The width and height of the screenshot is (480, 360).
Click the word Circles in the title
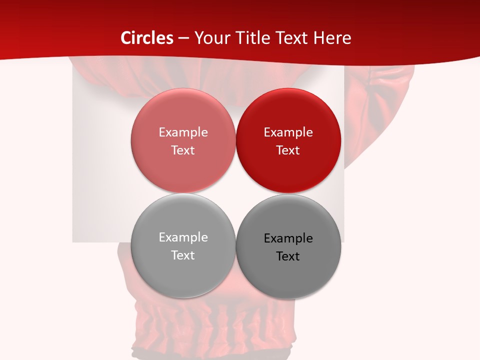click(x=147, y=38)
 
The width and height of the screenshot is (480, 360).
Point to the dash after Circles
click(x=183, y=38)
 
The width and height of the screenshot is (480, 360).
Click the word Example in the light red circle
click(x=183, y=132)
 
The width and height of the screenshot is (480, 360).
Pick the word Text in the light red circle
click(x=183, y=150)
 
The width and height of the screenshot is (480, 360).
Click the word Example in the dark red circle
click(x=288, y=132)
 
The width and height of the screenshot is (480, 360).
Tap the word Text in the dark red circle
click(x=288, y=150)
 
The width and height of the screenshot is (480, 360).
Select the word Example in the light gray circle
click(x=183, y=237)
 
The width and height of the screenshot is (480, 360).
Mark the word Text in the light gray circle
click(x=183, y=255)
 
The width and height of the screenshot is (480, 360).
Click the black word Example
click(x=288, y=238)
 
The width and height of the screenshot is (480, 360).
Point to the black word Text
click(x=288, y=256)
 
